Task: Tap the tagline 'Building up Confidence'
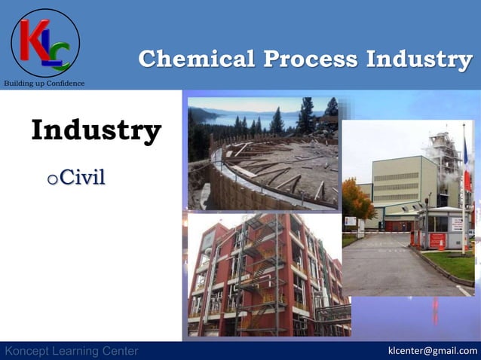(44, 83)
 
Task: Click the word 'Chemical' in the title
(195, 59)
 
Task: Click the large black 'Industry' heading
(96, 130)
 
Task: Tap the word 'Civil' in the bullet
(82, 177)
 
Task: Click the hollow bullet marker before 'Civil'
(51, 179)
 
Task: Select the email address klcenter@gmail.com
(432, 351)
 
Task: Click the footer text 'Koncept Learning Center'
(72, 351)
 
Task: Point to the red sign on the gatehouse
(437, 240)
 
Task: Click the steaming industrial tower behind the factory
(445, 162)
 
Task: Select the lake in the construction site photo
(249, 121)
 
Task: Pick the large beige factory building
(400, 188)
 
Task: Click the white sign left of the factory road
(351, 221)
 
